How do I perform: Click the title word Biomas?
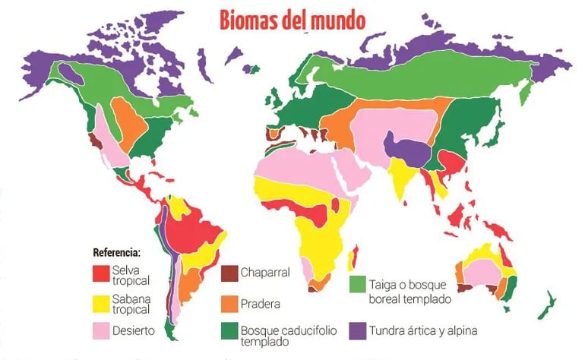248,20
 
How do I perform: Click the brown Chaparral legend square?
229,273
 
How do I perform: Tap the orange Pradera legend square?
229,304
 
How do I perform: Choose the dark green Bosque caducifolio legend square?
229,331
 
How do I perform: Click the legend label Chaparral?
265,273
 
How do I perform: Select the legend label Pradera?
261,304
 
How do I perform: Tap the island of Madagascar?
352,259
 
